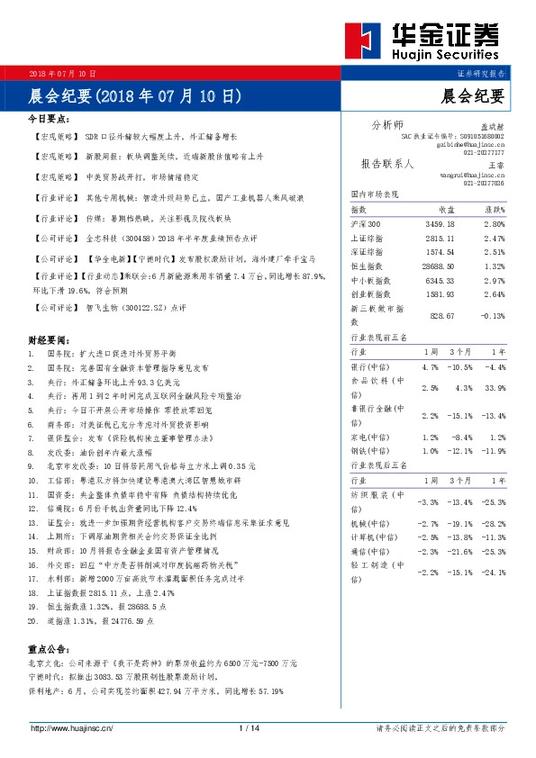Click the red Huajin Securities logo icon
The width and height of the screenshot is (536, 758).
[x=367, y=41]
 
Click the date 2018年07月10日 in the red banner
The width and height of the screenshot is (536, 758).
[x=63, y=73]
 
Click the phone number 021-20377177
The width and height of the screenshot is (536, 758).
[x=484, y=153]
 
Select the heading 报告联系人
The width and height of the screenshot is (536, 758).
[x=386, y=165]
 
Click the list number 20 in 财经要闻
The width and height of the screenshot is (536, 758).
[x=32, y=620]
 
